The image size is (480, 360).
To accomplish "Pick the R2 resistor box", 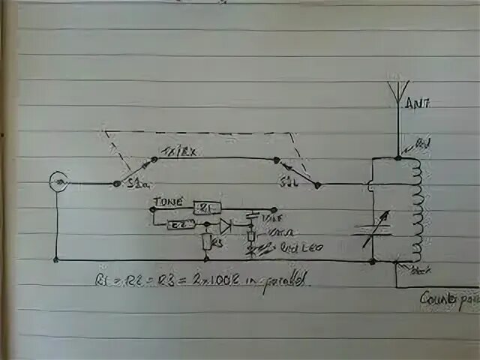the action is (x=181, y=224).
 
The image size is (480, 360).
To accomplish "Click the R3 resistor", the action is (x=208, y=241).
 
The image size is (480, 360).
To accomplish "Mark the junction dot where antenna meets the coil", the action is (x=397, y=157).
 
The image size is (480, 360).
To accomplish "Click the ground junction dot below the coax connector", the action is (x=57, y=259).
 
